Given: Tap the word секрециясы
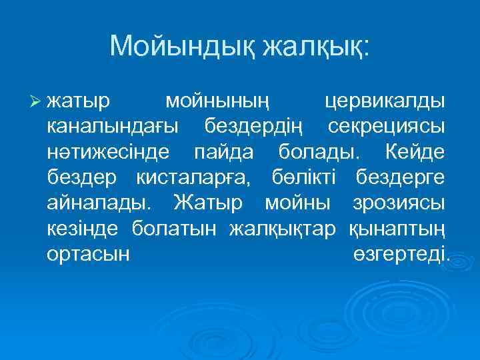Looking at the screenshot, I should coord(387,127).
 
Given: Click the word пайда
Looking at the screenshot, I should coord(223,152).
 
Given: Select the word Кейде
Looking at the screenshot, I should coord(415,152).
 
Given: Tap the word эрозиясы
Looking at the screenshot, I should coord(396,201).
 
